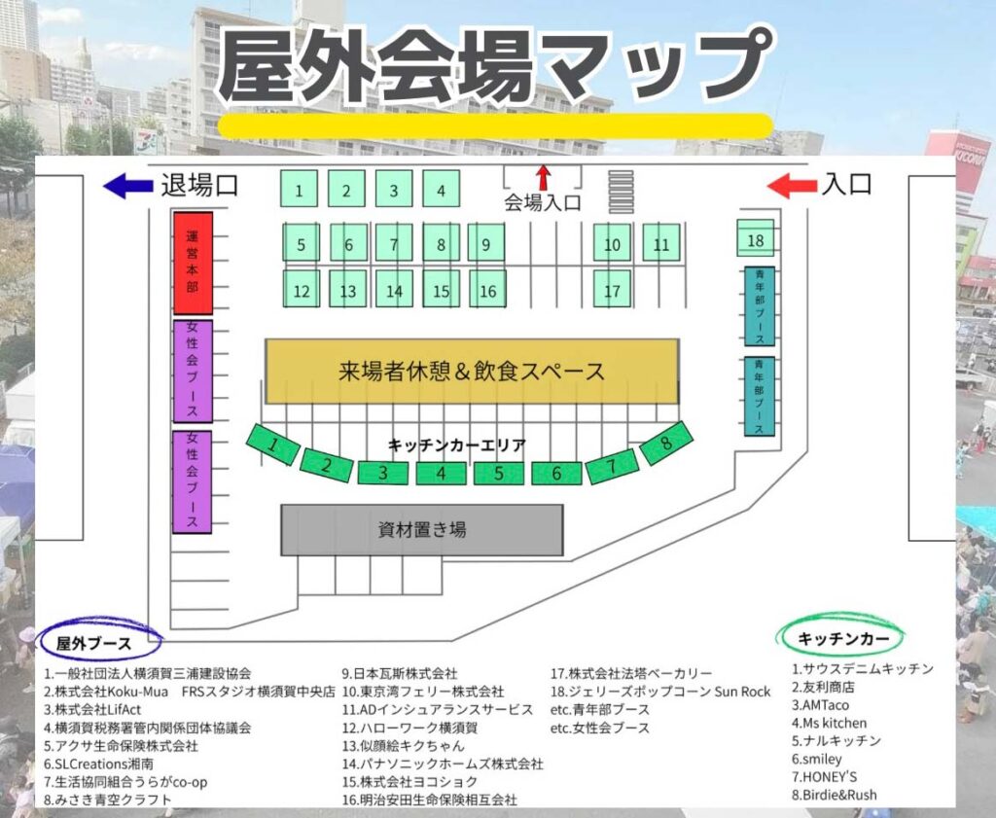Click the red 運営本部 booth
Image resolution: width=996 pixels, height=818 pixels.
tap(193, 263)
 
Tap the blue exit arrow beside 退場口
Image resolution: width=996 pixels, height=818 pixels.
tap(127, 185)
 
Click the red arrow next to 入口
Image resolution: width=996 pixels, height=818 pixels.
tap(792, 185)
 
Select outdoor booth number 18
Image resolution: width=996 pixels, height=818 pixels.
tap(756, 239)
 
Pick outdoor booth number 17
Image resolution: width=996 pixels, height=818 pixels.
tap(612, 290)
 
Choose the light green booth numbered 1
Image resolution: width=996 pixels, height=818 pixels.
tap(300, 190)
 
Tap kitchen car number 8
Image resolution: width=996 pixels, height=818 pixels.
tap(666, 444)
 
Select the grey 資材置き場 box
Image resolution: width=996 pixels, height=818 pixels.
tap(422, 530)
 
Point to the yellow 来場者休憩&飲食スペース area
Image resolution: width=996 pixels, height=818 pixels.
tap(472, 371)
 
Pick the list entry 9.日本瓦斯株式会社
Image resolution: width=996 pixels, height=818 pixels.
tap(399, 673)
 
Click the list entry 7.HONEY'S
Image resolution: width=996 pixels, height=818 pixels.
tap(825, 776)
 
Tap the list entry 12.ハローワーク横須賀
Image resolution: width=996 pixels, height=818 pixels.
tap(408, 728)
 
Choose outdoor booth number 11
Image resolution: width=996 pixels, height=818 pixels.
tap(661, 243)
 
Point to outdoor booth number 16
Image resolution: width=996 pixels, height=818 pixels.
tap(487, 290)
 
